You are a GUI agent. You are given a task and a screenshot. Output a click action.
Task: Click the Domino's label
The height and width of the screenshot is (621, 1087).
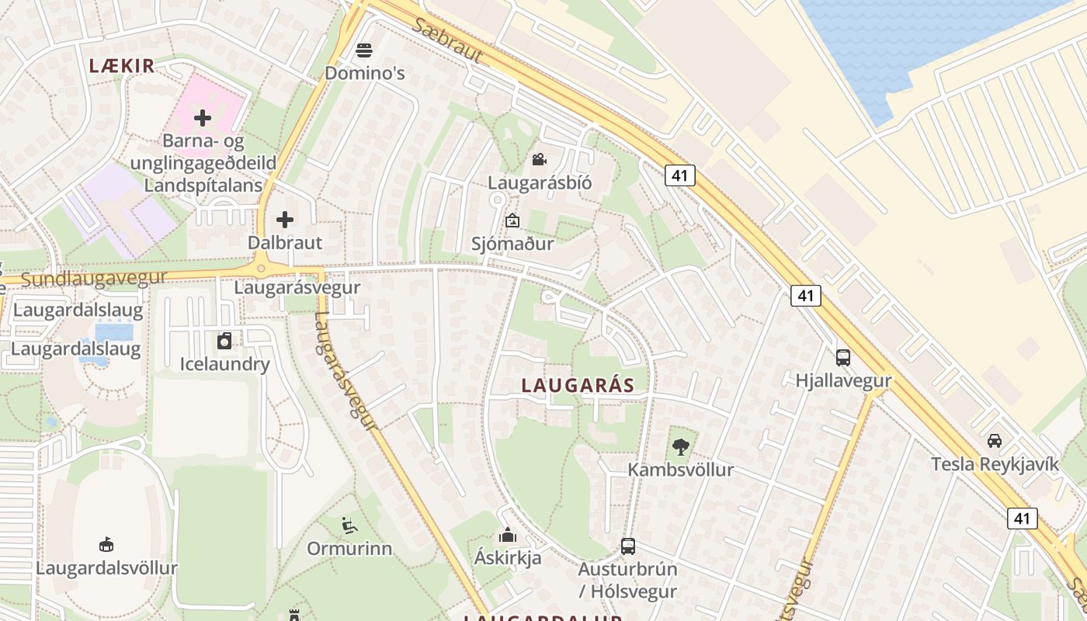tap(365, 74)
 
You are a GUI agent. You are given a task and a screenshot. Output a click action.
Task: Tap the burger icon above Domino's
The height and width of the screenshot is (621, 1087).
tap(364, 51)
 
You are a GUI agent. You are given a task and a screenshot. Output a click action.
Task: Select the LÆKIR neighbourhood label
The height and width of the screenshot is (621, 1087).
tap(122, 66)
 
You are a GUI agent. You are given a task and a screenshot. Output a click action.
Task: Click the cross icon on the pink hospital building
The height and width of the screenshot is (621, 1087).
tap(203, 118)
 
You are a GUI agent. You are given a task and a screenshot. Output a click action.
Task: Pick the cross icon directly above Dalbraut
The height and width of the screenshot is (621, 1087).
tap(285, 220)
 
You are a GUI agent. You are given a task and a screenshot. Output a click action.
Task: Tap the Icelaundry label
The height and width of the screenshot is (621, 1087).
tap(224, 364)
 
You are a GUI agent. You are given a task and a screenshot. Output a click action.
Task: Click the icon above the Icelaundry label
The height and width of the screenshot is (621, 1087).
tap(224, 341)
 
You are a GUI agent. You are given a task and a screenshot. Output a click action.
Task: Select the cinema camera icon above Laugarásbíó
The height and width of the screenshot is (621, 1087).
tap(539, 160)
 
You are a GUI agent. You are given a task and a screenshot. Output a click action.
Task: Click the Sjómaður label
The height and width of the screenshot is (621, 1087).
tap(512, 244)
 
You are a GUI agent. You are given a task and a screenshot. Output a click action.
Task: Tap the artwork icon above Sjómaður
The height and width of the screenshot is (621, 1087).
tap(512, 221)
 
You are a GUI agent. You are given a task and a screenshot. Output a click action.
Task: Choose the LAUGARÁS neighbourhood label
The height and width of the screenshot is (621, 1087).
tap(578, 385)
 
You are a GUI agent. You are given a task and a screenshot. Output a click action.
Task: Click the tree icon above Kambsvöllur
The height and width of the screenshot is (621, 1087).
tap(681, 447)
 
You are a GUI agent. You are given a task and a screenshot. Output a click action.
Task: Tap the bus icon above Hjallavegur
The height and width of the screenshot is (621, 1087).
tap(843, 358)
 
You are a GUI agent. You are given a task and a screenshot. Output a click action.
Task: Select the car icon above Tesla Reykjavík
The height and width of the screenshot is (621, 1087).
tap(995, 441)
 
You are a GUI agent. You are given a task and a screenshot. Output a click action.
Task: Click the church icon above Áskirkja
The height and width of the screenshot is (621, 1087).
tap(508, 535)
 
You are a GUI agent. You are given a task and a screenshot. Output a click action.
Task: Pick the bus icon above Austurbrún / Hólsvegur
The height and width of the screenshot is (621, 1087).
tap(628, 546)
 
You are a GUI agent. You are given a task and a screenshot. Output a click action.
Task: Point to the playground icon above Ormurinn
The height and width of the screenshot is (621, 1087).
tap(349, 526)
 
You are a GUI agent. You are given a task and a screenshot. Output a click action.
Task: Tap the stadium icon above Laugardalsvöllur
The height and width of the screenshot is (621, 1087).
tap(106, 545)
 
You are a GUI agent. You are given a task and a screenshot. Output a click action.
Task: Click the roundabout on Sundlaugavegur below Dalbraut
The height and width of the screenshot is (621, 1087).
tap(261, 269)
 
